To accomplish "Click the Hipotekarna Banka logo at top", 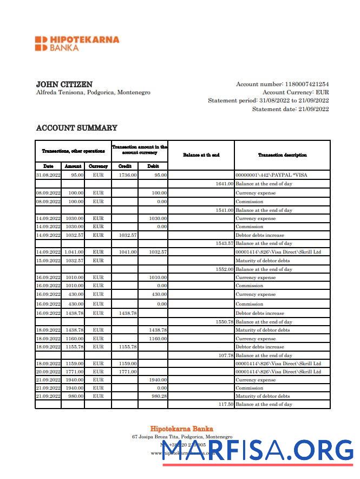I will point(77,43).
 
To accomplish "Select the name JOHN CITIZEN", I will point(64,85).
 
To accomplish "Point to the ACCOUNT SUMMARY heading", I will point(76,128).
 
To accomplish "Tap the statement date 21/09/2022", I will point(313,109).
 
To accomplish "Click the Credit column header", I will point(125,166).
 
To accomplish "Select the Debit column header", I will point(153,166).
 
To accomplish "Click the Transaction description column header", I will point(282,155).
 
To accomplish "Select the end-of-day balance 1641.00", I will point(224,184).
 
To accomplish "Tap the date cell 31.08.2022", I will point(48,175).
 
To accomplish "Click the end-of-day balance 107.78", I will point(225,355).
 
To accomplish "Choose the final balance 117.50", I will point(225,404).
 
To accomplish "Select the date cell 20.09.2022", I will point(48,372).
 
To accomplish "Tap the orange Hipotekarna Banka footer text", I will point(181,429).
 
